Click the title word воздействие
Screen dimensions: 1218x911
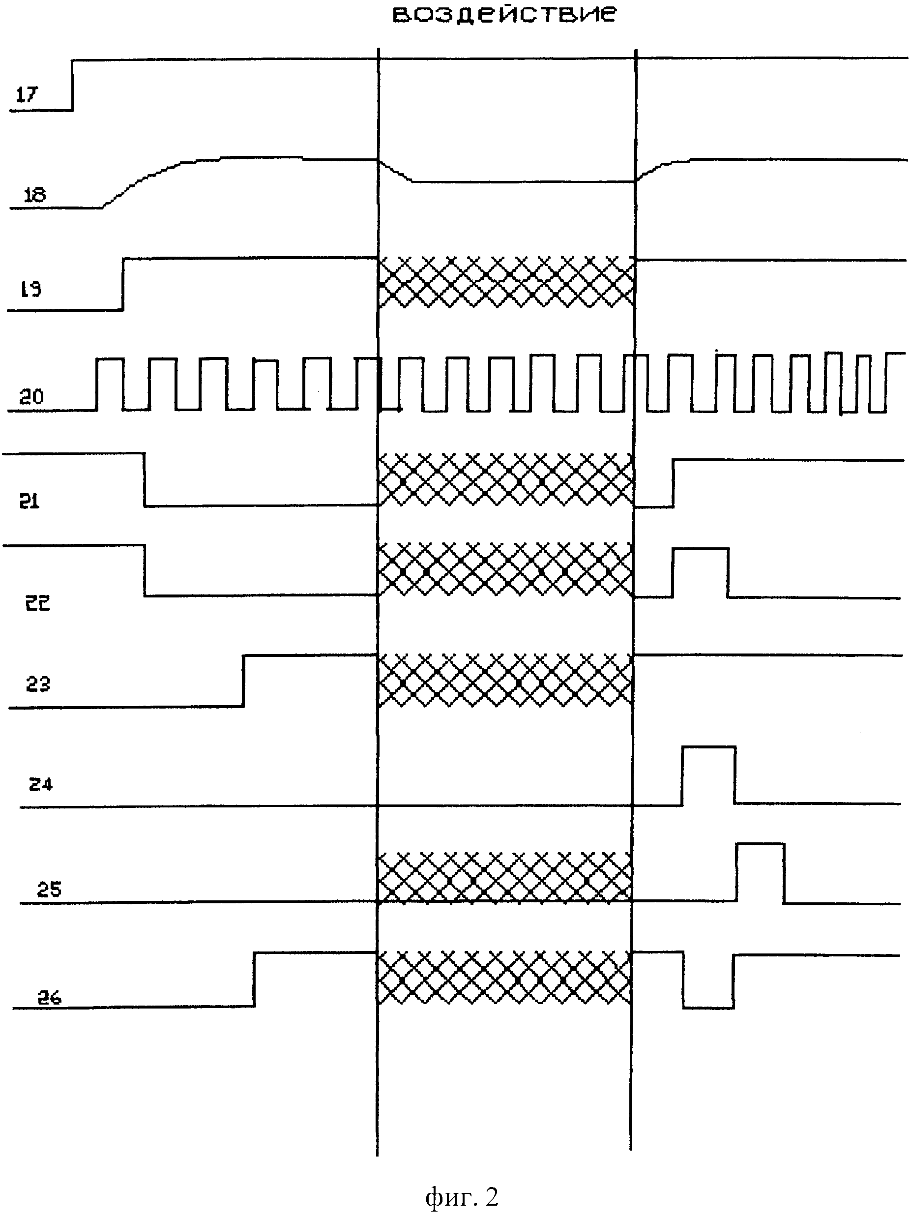pos(504,15)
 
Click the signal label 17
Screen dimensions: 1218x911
pos(26,95)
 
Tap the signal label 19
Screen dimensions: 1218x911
pos(31,289)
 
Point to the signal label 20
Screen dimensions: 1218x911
pos(31,396)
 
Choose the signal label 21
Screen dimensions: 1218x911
pos(29,501)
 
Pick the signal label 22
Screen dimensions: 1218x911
pos(37,603)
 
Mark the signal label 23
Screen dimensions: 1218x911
pos(38,684)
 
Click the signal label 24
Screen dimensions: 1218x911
pos(40,784)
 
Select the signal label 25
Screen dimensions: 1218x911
pos(49,889)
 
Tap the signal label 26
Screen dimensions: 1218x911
pos(49,998)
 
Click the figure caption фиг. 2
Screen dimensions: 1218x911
pos(461,1196)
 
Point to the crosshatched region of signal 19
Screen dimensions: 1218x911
pos(506,282)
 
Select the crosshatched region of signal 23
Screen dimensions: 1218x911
pos(505,681)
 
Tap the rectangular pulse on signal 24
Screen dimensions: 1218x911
pos(708,776)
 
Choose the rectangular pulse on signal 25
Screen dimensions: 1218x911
pos(760,873)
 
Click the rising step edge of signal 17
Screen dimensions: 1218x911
pos(73,85)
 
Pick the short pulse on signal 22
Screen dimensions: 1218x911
pos(700,573)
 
